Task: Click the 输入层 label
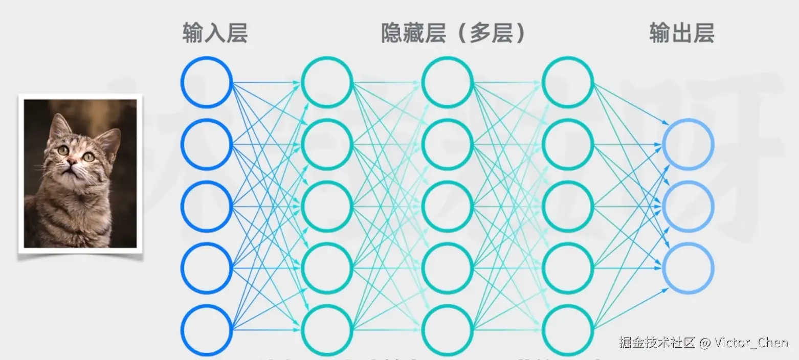[215, 34]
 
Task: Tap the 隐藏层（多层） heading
[454, 34]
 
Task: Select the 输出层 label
[681, 34]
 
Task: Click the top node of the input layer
[207, 82]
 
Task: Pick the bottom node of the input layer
[207, 330]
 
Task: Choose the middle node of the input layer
[207, 206]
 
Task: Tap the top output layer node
[688, 144]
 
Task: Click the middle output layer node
[688, 206]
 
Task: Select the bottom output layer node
[688, 268]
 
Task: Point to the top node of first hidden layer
[327, 82]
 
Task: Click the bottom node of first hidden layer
[327, 330]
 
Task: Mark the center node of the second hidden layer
[448, 206]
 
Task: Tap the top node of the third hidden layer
[568, 82]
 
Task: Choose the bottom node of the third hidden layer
[568, 330]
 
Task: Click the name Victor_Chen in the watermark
[751, 342]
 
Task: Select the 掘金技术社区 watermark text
[657, 342]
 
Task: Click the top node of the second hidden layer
[448, 82]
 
